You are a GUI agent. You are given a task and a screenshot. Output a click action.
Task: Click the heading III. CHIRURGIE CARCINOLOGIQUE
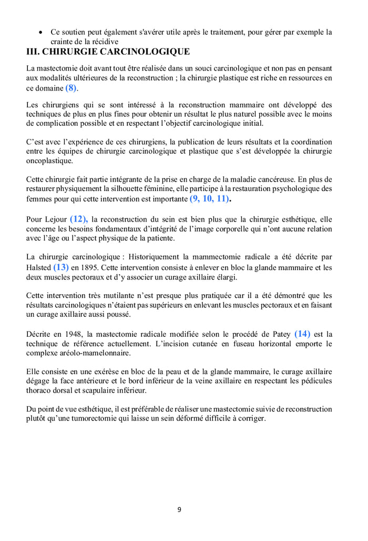click(108, 52)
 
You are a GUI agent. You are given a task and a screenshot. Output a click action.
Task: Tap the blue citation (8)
click(71, 88)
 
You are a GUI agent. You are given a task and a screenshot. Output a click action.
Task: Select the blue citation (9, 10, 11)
click(210, 199)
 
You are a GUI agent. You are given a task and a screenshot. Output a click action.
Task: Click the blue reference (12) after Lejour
click(79, 218)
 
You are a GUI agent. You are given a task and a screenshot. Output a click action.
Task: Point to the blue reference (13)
click(61, 267)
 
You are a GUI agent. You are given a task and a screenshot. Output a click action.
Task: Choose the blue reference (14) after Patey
click(302, 334)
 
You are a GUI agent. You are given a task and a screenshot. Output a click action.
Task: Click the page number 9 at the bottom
click(179, 509)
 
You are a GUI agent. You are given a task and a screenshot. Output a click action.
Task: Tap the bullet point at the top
click(41, 33)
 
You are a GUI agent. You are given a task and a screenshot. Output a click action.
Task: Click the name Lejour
click(54, 219)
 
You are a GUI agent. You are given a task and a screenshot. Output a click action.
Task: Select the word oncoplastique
click(49, 161)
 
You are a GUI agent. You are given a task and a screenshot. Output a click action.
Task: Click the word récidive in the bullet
click(105, 42)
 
